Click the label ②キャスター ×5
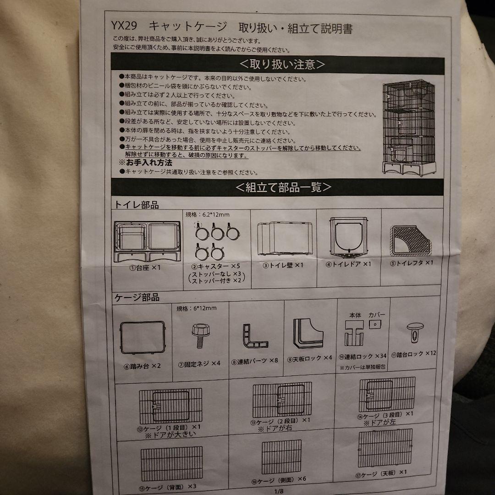pos(215,266)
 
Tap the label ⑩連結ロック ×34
pos(363,356)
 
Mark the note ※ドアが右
pos(275,429)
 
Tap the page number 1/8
pos(279,491)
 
